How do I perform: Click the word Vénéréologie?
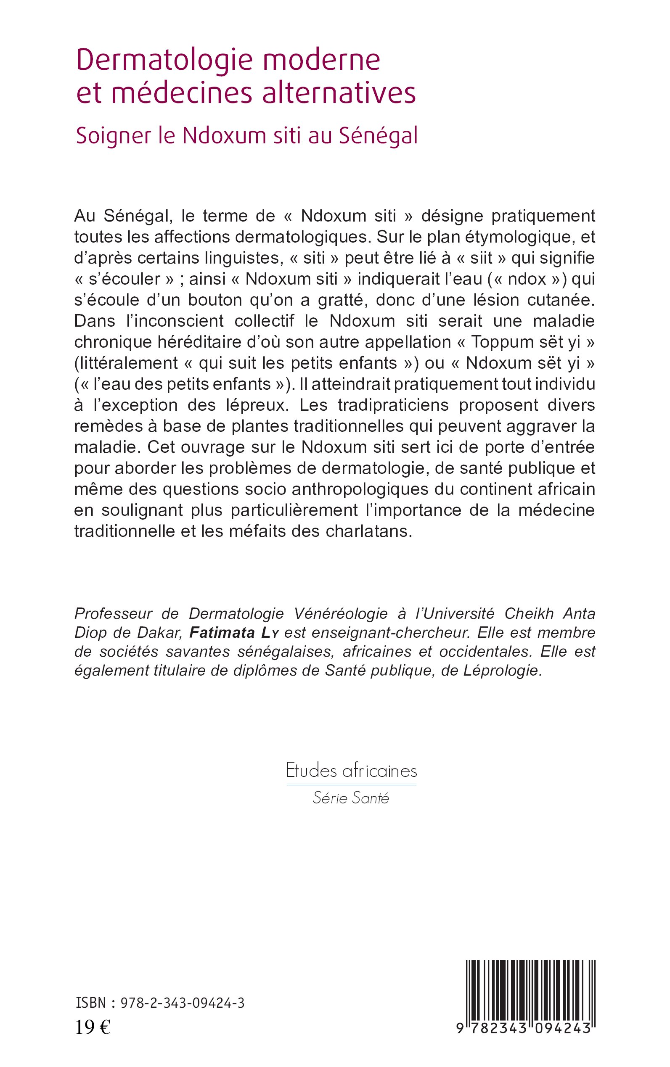[x=341, y=613]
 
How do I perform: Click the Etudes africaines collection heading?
[x=351, y=771]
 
